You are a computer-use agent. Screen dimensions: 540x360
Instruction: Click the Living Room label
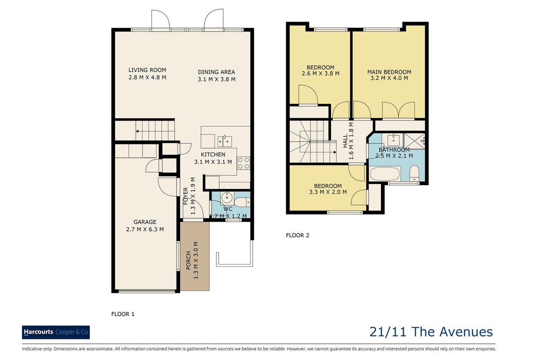pos(147,70)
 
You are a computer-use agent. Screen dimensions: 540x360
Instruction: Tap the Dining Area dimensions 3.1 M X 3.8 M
pos(216,79)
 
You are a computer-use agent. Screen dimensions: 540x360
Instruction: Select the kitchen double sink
pos(225,141)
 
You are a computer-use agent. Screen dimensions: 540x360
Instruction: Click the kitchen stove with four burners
pos(244,163)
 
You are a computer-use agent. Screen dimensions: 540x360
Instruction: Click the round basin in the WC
pos(226,198)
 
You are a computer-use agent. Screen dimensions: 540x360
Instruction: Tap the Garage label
pos(145,222)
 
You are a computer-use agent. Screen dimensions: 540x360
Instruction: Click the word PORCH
pos(188,261)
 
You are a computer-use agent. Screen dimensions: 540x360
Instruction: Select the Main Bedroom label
pos(389,72)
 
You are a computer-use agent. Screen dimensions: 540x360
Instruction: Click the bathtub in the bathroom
pos(385,174)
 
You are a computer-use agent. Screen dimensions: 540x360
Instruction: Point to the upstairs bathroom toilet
pos(415,173)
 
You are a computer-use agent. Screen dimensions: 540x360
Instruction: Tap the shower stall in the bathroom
pos(415,141)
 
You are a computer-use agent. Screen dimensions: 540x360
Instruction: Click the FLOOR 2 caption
pos(298,235)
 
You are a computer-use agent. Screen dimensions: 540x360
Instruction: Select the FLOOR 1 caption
pos(123,314)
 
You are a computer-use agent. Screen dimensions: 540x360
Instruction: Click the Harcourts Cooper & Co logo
pos(56,332)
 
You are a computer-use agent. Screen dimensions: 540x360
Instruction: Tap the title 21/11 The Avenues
pos(431,332)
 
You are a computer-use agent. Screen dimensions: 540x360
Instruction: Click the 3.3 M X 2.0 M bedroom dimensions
pos(328,192)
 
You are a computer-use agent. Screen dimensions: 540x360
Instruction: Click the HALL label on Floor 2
pos(345,141)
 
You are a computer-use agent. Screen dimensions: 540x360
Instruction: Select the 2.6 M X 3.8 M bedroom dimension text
pos(321,73)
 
